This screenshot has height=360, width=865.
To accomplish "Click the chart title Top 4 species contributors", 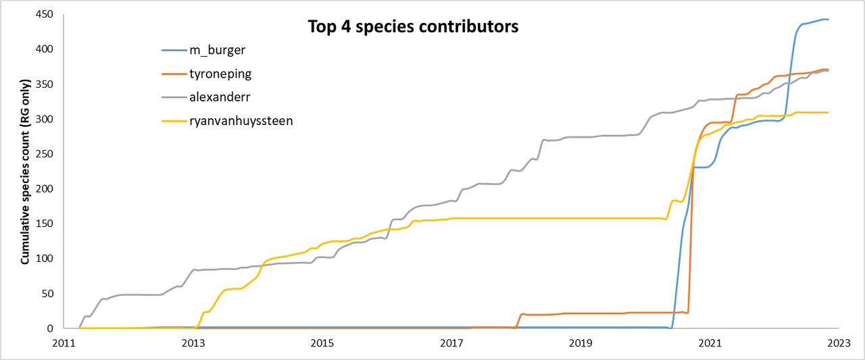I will (413, 27).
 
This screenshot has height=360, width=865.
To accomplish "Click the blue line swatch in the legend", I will (178, 51).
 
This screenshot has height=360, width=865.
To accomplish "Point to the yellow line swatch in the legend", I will (178, 121).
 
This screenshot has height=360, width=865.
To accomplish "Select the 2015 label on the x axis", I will (322, 344).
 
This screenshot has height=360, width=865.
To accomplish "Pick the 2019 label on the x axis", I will (580, 344).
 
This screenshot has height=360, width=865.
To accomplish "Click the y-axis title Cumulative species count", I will (25, 172).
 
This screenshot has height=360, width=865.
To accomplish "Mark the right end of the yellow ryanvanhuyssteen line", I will (828, 112).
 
